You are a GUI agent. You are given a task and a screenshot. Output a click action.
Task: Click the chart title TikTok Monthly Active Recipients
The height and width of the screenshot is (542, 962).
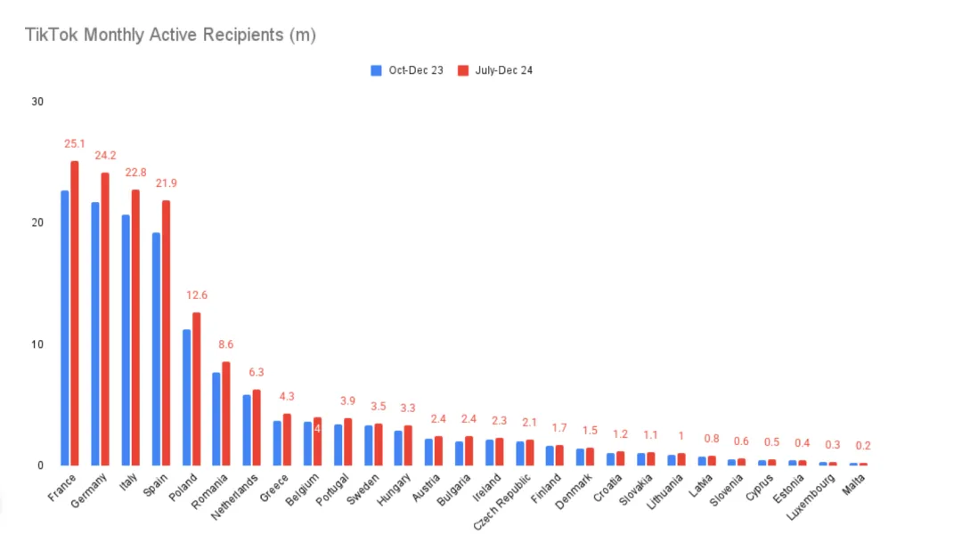[170, 36]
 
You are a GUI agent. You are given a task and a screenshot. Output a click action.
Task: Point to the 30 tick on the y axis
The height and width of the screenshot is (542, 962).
[37, 101]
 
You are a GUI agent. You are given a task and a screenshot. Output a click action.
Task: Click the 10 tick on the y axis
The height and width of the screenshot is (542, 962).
[37, 344]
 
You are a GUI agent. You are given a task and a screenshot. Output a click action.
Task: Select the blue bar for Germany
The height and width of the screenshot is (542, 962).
[94, 334]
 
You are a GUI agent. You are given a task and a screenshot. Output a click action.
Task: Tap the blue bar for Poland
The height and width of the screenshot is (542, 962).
[186, 397]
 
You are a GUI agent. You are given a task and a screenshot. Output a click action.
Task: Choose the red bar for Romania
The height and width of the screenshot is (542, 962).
[226, 413]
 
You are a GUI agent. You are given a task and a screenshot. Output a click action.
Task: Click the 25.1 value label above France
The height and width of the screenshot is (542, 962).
[74, 143]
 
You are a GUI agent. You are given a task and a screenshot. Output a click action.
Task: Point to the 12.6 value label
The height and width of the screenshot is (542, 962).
[196, 295]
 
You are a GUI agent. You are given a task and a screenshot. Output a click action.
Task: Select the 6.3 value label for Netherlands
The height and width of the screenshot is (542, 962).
[257, 372]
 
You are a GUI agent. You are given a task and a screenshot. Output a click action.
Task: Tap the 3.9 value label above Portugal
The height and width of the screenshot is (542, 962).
[347, 401]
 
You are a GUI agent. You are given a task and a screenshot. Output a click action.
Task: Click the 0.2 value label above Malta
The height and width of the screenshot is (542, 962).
[862, 446]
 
